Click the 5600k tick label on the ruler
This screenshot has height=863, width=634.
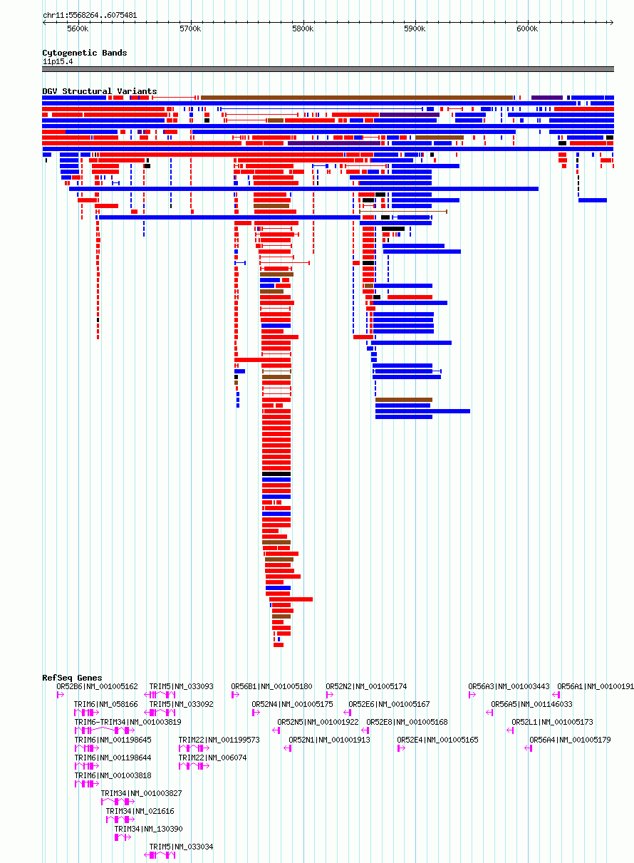coord(78,29)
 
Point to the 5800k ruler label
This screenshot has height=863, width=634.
coord(303,29)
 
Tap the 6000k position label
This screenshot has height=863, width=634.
coord(527,29)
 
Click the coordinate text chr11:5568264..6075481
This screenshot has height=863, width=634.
coord(90,16)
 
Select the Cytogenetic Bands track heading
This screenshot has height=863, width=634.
coord(84,53)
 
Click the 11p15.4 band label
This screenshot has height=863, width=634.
coord(58,61)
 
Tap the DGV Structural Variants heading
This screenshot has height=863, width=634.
coord(100,91)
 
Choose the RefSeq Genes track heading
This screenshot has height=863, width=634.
coord(72,678)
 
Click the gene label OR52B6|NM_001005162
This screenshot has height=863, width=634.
coord(97,686)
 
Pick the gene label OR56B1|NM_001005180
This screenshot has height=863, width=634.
coord(271,686)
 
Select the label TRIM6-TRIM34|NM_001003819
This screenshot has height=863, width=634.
coord(128,722)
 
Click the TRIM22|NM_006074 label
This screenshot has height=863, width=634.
coord(212,758)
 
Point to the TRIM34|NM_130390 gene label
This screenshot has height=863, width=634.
coord(148,829)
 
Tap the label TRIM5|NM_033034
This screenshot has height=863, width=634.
coord(181,847)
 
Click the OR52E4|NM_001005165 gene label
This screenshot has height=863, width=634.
coord(437,740)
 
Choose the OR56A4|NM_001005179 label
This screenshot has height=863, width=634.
coord(570,740)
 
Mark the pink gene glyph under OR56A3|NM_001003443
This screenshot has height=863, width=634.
coord(472,695)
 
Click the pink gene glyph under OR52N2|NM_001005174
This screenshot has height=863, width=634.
coord(329,695)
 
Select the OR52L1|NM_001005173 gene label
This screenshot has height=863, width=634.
coord(552,722)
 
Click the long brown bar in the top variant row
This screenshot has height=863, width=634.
coord(357,98)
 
